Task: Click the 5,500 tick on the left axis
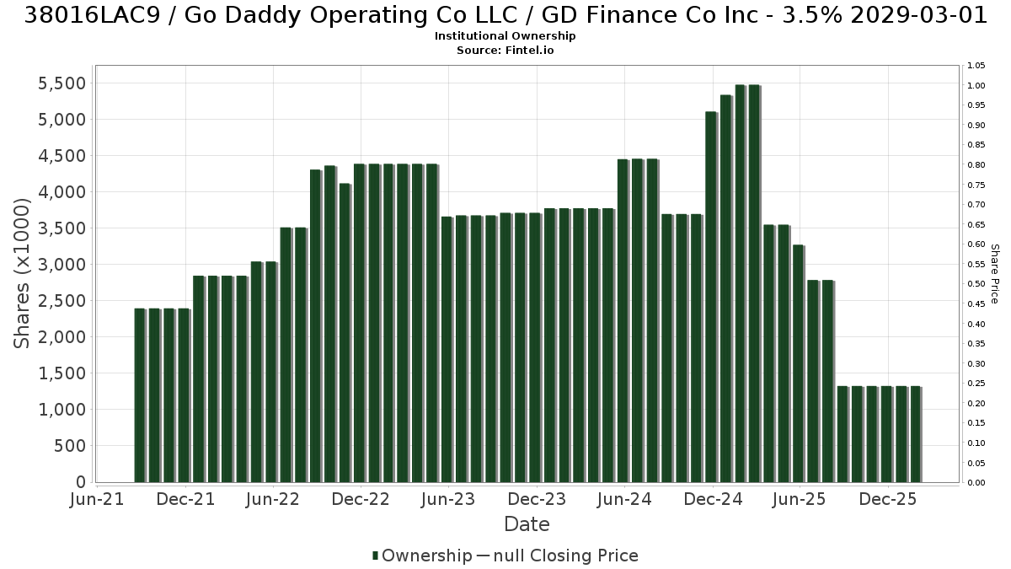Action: (x=62, y=83)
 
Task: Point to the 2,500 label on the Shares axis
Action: (x=62, y=301)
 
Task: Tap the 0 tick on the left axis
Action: (x=81, y=482)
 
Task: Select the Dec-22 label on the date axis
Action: (x=361, y=499)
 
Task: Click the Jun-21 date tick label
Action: (x=97, y=499)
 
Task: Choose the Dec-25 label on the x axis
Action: (x=888, y=499)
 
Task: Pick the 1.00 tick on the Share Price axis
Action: (x=976, y=86)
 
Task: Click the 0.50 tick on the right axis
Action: (x=976, y=284)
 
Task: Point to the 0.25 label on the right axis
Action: (x=976, y=384)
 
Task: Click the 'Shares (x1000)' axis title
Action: (x=21, y=273)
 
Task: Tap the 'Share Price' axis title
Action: (x=995, y=274)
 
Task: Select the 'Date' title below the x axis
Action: (x=527, y=524)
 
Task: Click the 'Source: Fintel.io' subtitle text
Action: (x=505, y=50)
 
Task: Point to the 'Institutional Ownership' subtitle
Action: (x=505, y=36)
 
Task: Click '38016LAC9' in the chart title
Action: (x=92, y=15)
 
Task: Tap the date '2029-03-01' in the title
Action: (x=918, y=15)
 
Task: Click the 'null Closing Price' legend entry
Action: (x=558, y=556)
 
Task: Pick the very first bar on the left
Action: (x=140, y=395)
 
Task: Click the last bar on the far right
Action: (x=916, y=434)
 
